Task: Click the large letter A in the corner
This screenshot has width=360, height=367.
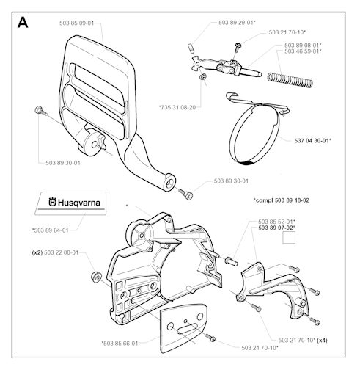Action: (x=23, y=23)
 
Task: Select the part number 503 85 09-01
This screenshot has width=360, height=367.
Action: (x=76, y=23)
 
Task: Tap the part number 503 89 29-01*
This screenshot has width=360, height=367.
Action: (x=237, y=23)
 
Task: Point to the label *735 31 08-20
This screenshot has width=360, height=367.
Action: (x=177, y=107)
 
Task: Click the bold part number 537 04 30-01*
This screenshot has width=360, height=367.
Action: (x=313, y=140)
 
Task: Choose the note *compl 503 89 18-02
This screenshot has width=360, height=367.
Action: (x=282, y=200)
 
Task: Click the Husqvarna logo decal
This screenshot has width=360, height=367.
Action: (x=70, y=203)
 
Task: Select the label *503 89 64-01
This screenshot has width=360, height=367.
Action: (x=51, y=230)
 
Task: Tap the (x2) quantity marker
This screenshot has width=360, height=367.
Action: (x=37, y=252)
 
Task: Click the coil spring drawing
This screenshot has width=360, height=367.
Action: (x=290, y=80)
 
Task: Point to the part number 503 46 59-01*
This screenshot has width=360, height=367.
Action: (x=303, y=51)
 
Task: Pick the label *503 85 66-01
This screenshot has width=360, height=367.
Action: (x=120, y=344)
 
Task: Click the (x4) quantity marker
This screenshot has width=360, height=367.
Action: (x=322, y=340)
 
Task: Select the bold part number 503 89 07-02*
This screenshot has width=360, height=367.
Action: (x=276, y=228)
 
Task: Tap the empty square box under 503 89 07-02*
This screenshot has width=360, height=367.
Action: (x=289, y=238)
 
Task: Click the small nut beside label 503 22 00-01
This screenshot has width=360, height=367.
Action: (x=95, y=277)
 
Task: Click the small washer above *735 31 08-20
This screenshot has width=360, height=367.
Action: (x=202, y=77)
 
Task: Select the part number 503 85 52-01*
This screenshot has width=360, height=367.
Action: (x=276, y=222)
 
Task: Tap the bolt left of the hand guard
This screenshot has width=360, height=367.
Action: (x=41, y=111)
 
